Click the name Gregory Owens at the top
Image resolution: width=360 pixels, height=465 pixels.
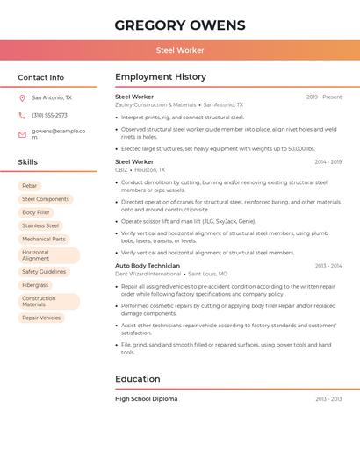click(x=179, y=25)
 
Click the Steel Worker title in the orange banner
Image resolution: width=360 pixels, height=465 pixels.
click(x=179, y=50)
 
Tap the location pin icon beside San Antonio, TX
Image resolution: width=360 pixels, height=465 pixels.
click(x=22, y=97)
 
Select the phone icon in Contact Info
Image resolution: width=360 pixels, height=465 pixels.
click(x=22, y=115)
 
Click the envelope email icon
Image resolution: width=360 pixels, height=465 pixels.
click(x=22, y=134)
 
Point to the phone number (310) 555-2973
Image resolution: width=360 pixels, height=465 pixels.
click(x=49, y=115)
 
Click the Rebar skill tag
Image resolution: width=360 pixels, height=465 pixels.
click(x=30, y=186)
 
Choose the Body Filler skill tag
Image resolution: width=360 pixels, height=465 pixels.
click(x=36, y=212)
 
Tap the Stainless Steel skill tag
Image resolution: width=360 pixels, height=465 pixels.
click(x=40, y=225)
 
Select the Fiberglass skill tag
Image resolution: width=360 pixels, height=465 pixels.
click(x=35, y=285)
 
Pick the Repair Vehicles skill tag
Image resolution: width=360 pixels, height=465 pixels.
click(x=41, y=318)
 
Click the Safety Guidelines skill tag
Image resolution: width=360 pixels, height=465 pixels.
click(x=44, y=272)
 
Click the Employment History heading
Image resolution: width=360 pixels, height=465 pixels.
click(x=161, y=77)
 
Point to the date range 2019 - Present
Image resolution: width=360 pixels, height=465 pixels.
click(x=324, y=97)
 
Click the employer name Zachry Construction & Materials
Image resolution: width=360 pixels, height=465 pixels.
click(x=155, y=105)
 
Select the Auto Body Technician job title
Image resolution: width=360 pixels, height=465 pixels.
click(x=148, y=265)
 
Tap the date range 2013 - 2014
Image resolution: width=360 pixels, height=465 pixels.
click(x=328, y=265)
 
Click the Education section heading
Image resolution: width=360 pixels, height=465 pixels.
click(x=137, y=379)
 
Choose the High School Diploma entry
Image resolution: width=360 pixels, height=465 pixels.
click(x=146, y=399)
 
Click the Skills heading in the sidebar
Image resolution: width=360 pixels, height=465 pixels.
click(x=28, y=162)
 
